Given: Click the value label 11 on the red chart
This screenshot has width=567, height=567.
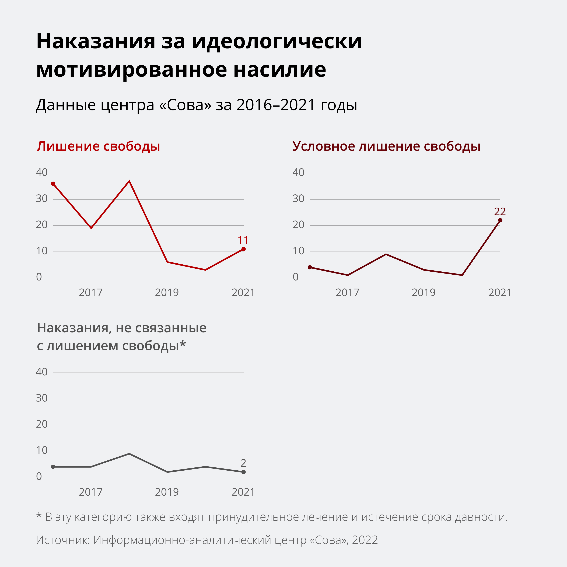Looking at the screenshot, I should (243, 240).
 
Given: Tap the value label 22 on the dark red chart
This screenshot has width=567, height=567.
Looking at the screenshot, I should (500, 212).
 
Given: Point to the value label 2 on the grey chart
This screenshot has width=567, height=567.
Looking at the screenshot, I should (243, 463).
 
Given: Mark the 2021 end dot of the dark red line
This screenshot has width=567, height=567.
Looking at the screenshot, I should (500, 220).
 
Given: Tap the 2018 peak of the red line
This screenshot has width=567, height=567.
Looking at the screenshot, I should (129, 181).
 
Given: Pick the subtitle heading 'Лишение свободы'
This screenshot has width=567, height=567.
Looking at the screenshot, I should (98, 146).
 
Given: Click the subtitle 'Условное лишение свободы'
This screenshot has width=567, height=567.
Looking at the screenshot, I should (386, 146).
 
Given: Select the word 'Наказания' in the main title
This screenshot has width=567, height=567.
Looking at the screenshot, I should (96, 41).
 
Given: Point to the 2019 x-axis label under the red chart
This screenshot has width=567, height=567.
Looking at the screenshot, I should (167, 293).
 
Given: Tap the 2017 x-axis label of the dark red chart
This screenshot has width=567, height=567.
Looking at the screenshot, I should (347, 293).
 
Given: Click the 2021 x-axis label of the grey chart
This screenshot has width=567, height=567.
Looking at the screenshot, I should (243, 492).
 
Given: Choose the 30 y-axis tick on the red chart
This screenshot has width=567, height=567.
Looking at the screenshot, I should (42, 199).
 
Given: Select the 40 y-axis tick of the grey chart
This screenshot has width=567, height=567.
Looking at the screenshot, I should (42, 372).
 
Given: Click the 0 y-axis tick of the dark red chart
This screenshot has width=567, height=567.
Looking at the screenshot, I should (296, 277).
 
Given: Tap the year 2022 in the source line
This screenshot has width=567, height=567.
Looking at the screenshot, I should (365, 540).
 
